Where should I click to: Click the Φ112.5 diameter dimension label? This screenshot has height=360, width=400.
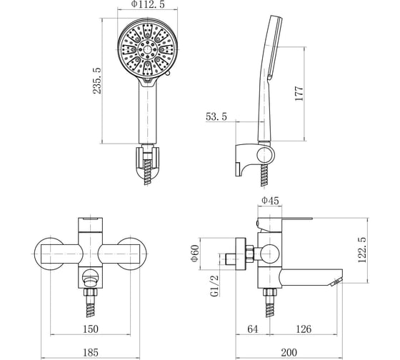pos(148,4)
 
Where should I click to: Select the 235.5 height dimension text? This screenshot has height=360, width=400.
pos(97,81)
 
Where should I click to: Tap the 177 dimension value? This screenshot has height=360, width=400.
pos(299,94)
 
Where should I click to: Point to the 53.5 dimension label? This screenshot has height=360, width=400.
pos(216,116)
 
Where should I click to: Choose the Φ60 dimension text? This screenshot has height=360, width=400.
pos(194,253)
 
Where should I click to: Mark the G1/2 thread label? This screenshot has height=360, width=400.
pos(214,286)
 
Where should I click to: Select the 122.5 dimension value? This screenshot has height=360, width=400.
pos(361,250)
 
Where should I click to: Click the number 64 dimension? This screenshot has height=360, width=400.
pos(253,329)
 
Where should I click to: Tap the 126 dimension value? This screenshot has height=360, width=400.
pos(304,329)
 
